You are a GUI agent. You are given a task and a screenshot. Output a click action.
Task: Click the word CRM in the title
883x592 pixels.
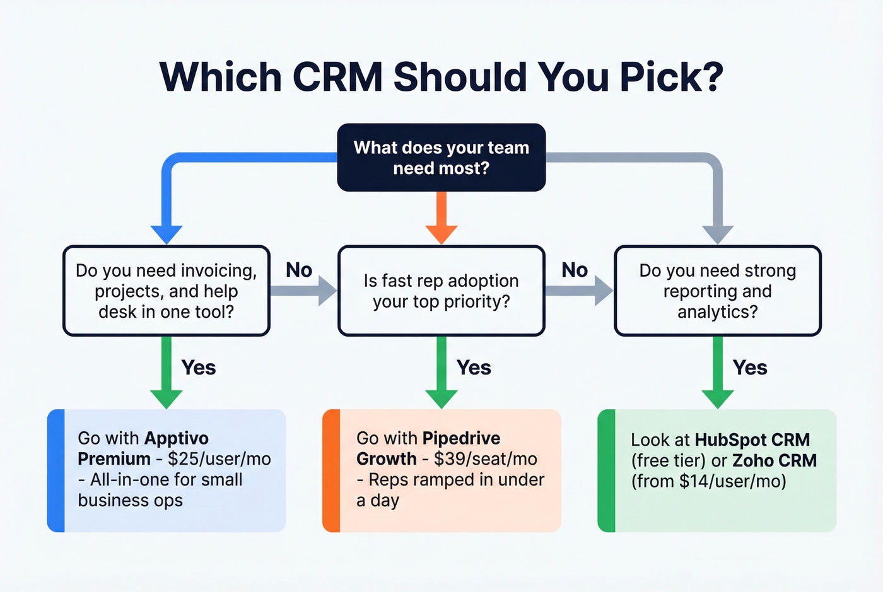pos(337,77)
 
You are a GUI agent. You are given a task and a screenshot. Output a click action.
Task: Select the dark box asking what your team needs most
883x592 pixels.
pos(441,158)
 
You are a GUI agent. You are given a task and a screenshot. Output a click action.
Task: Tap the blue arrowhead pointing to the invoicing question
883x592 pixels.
pos(167,234)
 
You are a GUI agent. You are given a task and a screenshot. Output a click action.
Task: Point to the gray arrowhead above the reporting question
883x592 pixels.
pos(717,234)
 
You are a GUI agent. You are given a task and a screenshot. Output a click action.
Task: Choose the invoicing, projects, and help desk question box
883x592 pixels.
pos(167,291)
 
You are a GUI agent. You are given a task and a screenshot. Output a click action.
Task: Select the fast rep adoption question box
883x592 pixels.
pos(441,291)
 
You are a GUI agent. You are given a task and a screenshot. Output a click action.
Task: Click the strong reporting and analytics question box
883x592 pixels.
pos(717,291)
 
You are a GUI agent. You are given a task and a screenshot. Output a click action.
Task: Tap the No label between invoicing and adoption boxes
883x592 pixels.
pos(299,270)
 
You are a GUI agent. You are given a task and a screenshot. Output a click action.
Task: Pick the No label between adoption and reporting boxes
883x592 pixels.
pos(575,270)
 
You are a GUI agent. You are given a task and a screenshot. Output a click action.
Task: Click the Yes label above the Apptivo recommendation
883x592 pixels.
pos(199,368)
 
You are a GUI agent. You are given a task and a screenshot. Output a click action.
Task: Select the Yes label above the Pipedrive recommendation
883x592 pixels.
pos(474,368)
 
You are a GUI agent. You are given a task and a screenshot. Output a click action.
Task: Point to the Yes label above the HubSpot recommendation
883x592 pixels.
pos(750,368)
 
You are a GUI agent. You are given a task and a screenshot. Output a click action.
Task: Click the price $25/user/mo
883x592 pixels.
pos(219,459)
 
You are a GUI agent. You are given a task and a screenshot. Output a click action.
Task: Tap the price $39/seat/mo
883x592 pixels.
pos(486,459)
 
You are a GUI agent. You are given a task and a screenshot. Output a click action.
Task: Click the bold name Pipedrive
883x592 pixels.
pos(461,438)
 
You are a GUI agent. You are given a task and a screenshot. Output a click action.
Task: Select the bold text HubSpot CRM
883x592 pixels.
pos(752,440)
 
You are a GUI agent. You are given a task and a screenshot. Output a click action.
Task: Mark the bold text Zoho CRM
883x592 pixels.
pos(775,461)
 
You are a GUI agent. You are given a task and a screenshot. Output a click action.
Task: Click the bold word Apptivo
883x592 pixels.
pos(177,438)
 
